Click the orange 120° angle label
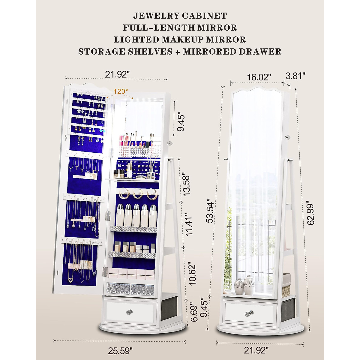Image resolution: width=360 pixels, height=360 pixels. [121, 91]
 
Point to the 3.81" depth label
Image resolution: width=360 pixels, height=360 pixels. [295, 76]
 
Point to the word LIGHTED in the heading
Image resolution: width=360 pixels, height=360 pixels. [133, 40]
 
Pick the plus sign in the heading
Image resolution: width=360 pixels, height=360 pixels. [178, 52]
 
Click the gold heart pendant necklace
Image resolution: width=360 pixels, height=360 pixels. [71, 280]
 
